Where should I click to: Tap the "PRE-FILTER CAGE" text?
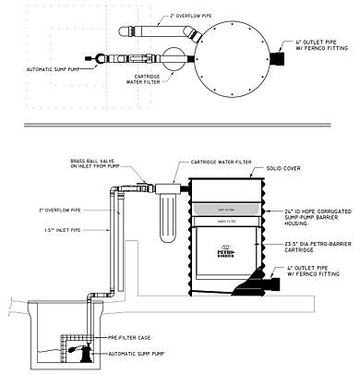tap(126, 339)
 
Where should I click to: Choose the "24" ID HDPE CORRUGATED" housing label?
tap(296, 210)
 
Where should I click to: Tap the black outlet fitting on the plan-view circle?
tap(277, 57)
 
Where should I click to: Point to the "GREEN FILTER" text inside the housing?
tap(226, 221)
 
